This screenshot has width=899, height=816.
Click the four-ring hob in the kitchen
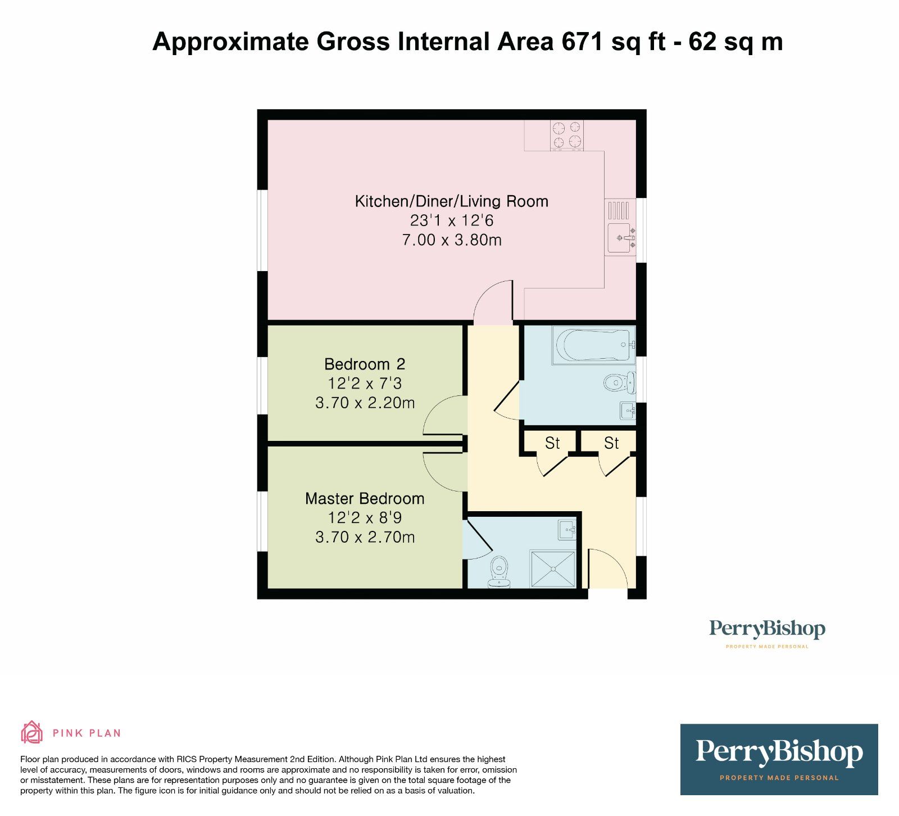pos(566,135)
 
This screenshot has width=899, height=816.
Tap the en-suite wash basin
pos(567,530)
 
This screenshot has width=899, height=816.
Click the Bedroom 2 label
pos(365,364)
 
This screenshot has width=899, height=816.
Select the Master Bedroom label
pos(365,499)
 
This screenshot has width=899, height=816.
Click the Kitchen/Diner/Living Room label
pos(451,201)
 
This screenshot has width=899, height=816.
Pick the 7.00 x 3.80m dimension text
pos(452,240)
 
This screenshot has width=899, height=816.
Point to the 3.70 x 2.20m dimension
pos(365,403)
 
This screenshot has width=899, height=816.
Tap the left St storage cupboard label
pos(552,443)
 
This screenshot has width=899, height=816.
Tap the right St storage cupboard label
pos(611,443)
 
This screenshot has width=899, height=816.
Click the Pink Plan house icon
pos(31,732)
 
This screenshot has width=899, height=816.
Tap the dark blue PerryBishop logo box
pos(779,759)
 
